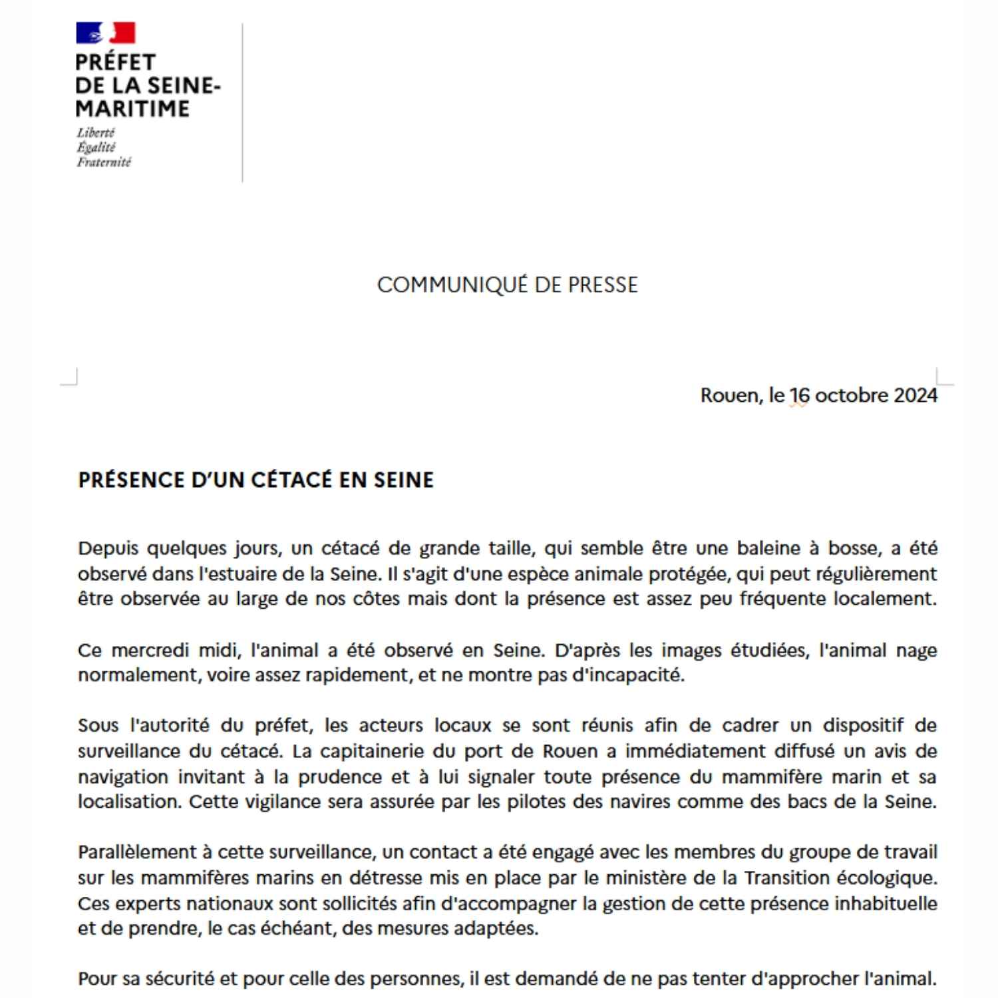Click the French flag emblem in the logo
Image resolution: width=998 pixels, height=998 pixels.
[106, 33]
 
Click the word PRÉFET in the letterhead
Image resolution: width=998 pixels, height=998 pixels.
[116, 62]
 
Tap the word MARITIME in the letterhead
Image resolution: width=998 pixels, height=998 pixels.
[132, 108]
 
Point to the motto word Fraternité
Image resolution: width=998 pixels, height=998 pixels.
[104, 162]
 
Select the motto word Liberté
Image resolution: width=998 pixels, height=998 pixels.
[96, 132]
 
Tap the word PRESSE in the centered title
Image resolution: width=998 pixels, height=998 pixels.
[602, 285]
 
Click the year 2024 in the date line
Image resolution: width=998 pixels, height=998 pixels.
[915, 395]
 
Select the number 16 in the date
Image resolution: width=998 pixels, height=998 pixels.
[799, 395]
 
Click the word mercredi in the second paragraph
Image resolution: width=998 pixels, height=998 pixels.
[148, 650]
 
